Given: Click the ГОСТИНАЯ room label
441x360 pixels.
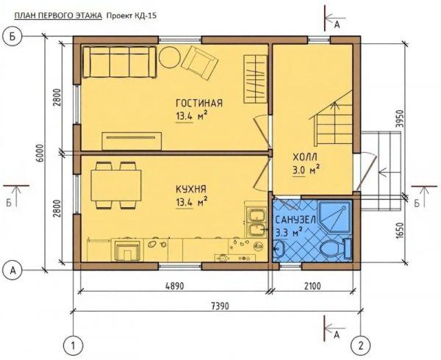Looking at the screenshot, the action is tap(199, 103).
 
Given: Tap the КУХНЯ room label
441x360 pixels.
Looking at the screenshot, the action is tap(191, 189).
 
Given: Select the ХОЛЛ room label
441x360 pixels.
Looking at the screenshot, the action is tap(305, 156).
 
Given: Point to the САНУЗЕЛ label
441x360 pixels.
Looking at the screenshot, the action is tap(295, 220).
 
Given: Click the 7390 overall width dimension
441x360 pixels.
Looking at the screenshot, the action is tap(219, 306).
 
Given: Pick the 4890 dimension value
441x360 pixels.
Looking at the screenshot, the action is tap(174, 286).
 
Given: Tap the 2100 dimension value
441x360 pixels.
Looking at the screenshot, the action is tap(312, 286).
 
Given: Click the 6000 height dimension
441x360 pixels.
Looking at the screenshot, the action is tap(40, 153).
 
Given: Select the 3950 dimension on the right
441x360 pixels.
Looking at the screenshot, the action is tap(400, 119).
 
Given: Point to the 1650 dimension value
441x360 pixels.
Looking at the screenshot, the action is tap(400, 231).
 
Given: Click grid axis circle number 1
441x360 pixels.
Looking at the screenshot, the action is tap(73, 345).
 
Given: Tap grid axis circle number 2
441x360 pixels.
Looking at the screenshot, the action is tap(362, 345).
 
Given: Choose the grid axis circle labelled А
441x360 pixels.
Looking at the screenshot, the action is tap(12, 270).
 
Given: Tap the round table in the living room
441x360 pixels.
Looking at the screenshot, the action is tap(170, 57).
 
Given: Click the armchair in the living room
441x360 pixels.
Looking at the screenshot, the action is tap(200, 62).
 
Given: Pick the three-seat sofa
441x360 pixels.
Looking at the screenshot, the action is tap(119, 62).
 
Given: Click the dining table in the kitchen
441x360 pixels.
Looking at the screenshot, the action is tap(116, 185).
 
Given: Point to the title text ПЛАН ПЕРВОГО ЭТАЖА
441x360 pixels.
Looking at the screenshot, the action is tap(58, 16).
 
